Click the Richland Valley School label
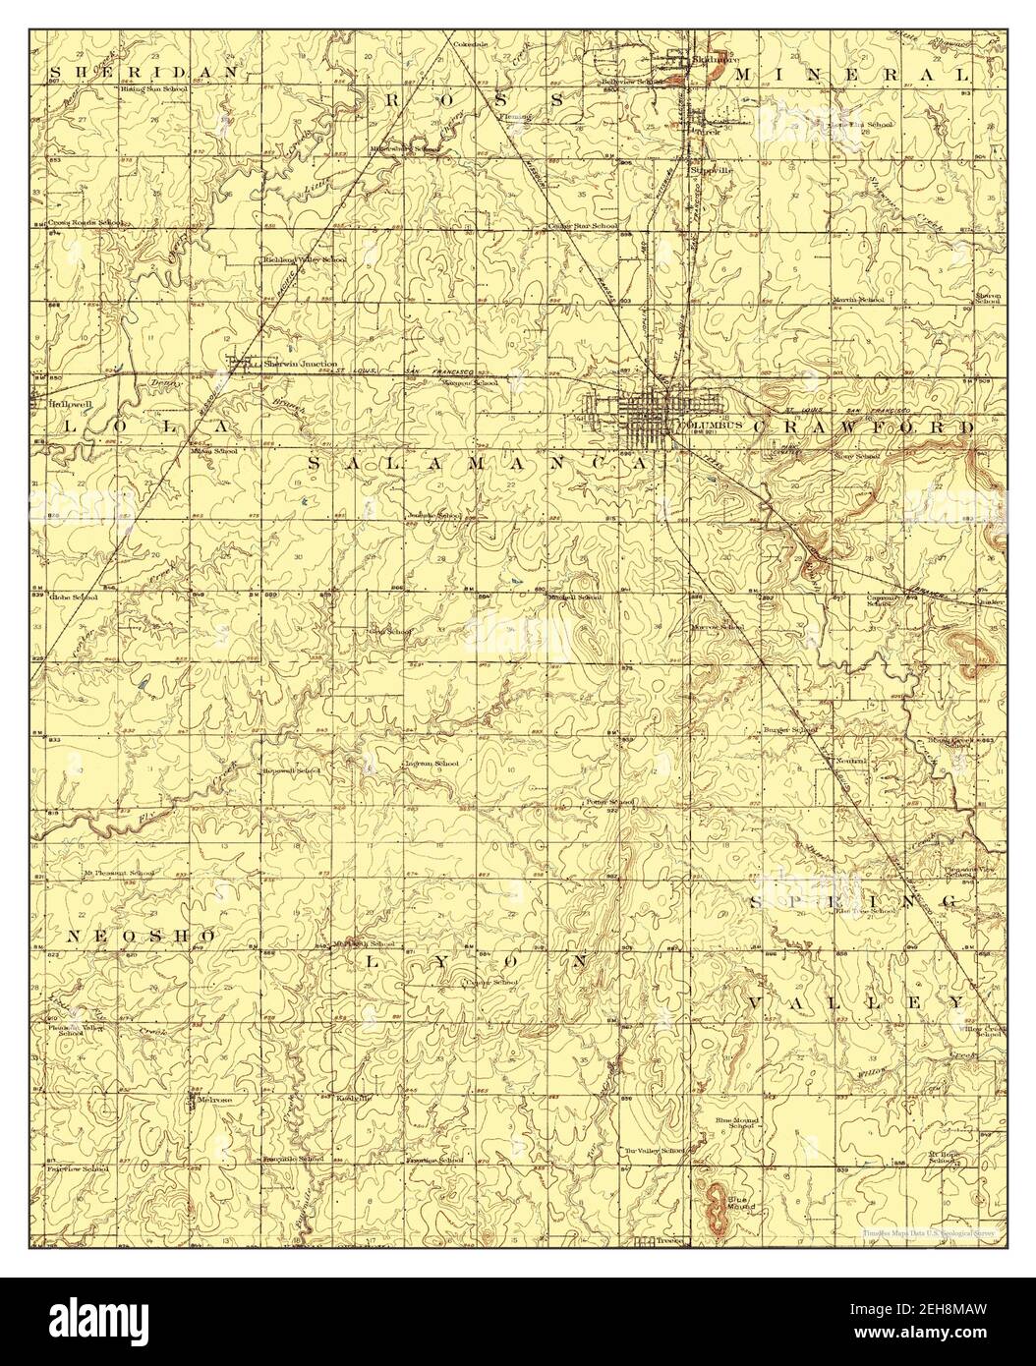(304, 260)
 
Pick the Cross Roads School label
(86, 223)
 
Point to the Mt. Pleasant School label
(117, 873)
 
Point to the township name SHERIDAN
(144, 73)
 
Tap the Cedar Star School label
(582, 226)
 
